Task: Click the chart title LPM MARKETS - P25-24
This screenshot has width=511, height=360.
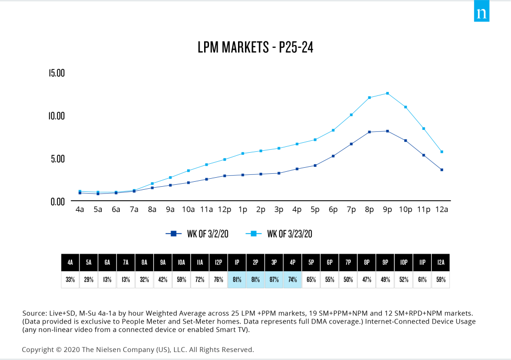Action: pyautogui.click(x=255, y=48)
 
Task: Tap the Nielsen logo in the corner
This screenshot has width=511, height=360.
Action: pyautogui.click(x=482, y=13)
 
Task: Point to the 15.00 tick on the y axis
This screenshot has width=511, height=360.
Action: pyautogui.click(x=57, y=73)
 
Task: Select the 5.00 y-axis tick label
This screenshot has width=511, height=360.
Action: pyautogui.click(x=57, y=159)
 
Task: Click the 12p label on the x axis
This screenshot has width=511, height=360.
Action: pyautogui.click(x=225, y=210)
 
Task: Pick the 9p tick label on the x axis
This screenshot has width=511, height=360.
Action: pyautogui.click(x=387, y=210)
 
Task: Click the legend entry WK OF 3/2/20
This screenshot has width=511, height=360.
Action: pyautogui.click(x=197, y=233)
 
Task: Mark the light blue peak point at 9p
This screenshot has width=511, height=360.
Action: pyautogui.click(x=387, y=93)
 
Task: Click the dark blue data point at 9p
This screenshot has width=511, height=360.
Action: pyautogui.click(x=387, y=131)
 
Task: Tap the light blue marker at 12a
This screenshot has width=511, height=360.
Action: pyautogui.click(x=442, y=152)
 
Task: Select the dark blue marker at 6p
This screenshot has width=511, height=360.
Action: pyautogui.click(x=333, y=156)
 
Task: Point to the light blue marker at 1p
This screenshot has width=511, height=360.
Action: pyautogui.click(x=243, y=153)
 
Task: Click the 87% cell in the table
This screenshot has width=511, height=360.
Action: pyautogui.click(x=274, y=280)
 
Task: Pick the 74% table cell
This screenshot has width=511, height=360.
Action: pyautogui.click(x=292, y=280)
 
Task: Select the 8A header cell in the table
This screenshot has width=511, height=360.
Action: pyautogui.click(x=144, y=262)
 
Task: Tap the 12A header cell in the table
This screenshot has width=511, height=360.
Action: pyautogui.click(x=441, y=262)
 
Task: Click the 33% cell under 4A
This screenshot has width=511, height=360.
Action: pyautogui.click(x=70, y=280)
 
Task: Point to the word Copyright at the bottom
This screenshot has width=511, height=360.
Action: pyautogui.click(x=39, y=350)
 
